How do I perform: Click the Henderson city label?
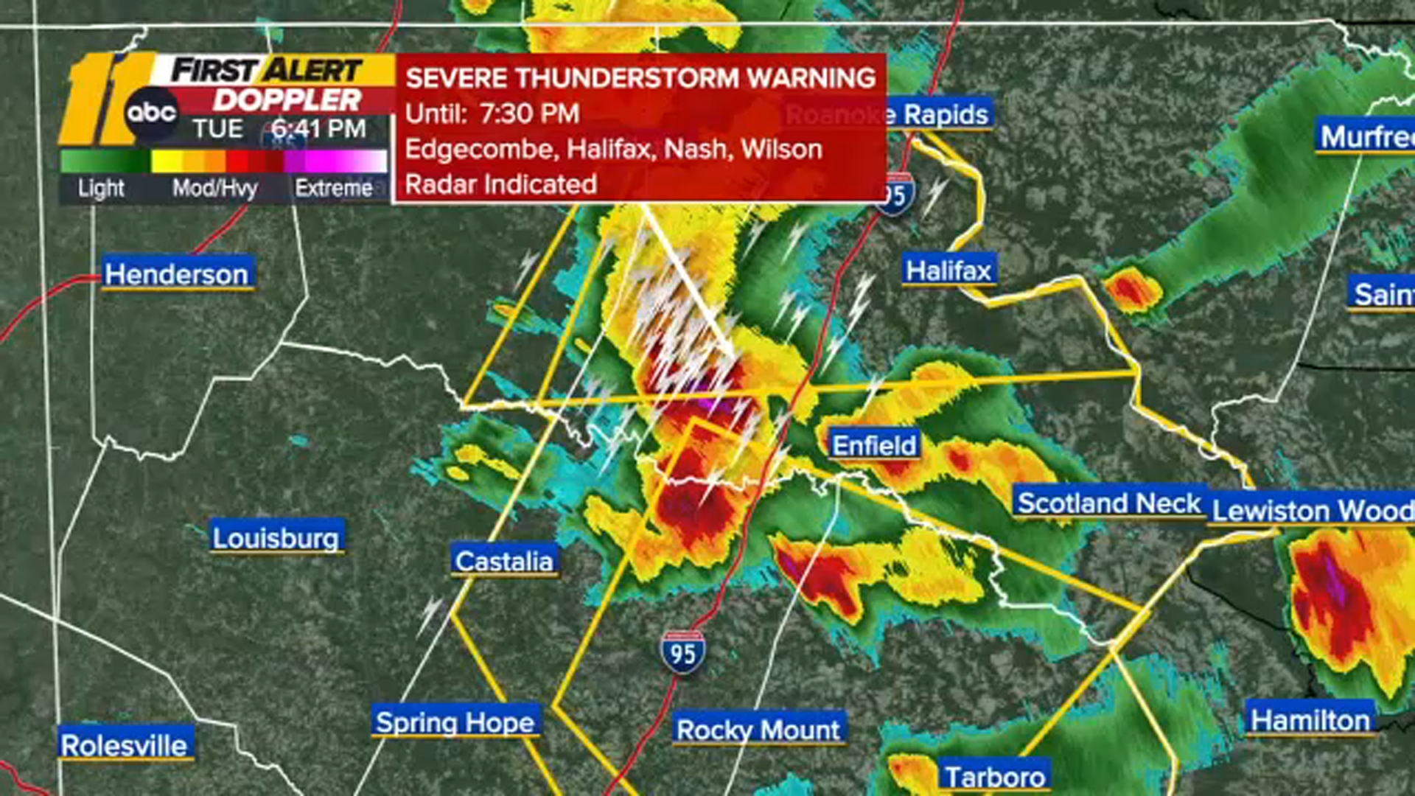point(177,273)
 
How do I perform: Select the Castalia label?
point(504,561)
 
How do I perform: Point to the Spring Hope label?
point(455,722)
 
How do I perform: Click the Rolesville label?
point(125,744)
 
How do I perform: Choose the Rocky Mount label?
point(758,730)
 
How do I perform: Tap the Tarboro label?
point(995,776)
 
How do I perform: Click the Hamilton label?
point(1310,719)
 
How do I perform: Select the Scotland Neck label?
point(1109,503)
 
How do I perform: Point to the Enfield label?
point(874,445)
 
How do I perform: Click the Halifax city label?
point(948,270)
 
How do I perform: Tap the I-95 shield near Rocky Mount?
point(682,652)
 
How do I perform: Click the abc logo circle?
point(151,113)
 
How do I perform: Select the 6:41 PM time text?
point(318,129)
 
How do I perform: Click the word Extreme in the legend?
point(334,188)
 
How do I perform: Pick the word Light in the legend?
point(101,188)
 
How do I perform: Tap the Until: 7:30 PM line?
point(492,114)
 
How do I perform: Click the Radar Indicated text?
point(500,184)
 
